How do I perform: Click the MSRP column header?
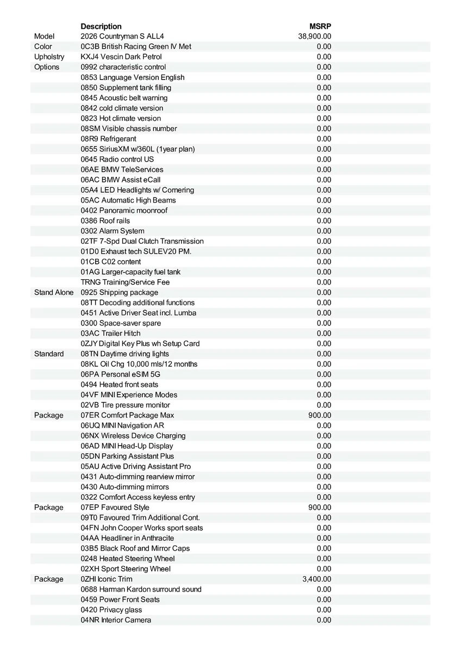coord(320,26)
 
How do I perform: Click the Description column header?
coord(101,26)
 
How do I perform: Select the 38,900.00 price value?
coord(315,36)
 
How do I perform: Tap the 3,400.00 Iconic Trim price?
coord(316,579)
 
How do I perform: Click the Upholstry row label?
coord(49,57)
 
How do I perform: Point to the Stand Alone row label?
coord(54,292)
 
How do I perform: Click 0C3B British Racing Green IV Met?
coord(136,47)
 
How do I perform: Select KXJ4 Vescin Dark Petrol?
coord(121,57)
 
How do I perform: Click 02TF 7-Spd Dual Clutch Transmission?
coord(142,241)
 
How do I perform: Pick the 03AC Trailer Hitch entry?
coord(110,333)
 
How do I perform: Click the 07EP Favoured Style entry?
coord(115,507)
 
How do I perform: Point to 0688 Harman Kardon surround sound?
coord(141,589)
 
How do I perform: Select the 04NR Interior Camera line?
coord(116,620)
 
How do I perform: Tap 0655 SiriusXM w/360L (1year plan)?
coord(138,149)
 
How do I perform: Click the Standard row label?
coord(49,354)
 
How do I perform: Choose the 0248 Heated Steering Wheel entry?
coord(128,558)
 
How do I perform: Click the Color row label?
coord(43,47)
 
